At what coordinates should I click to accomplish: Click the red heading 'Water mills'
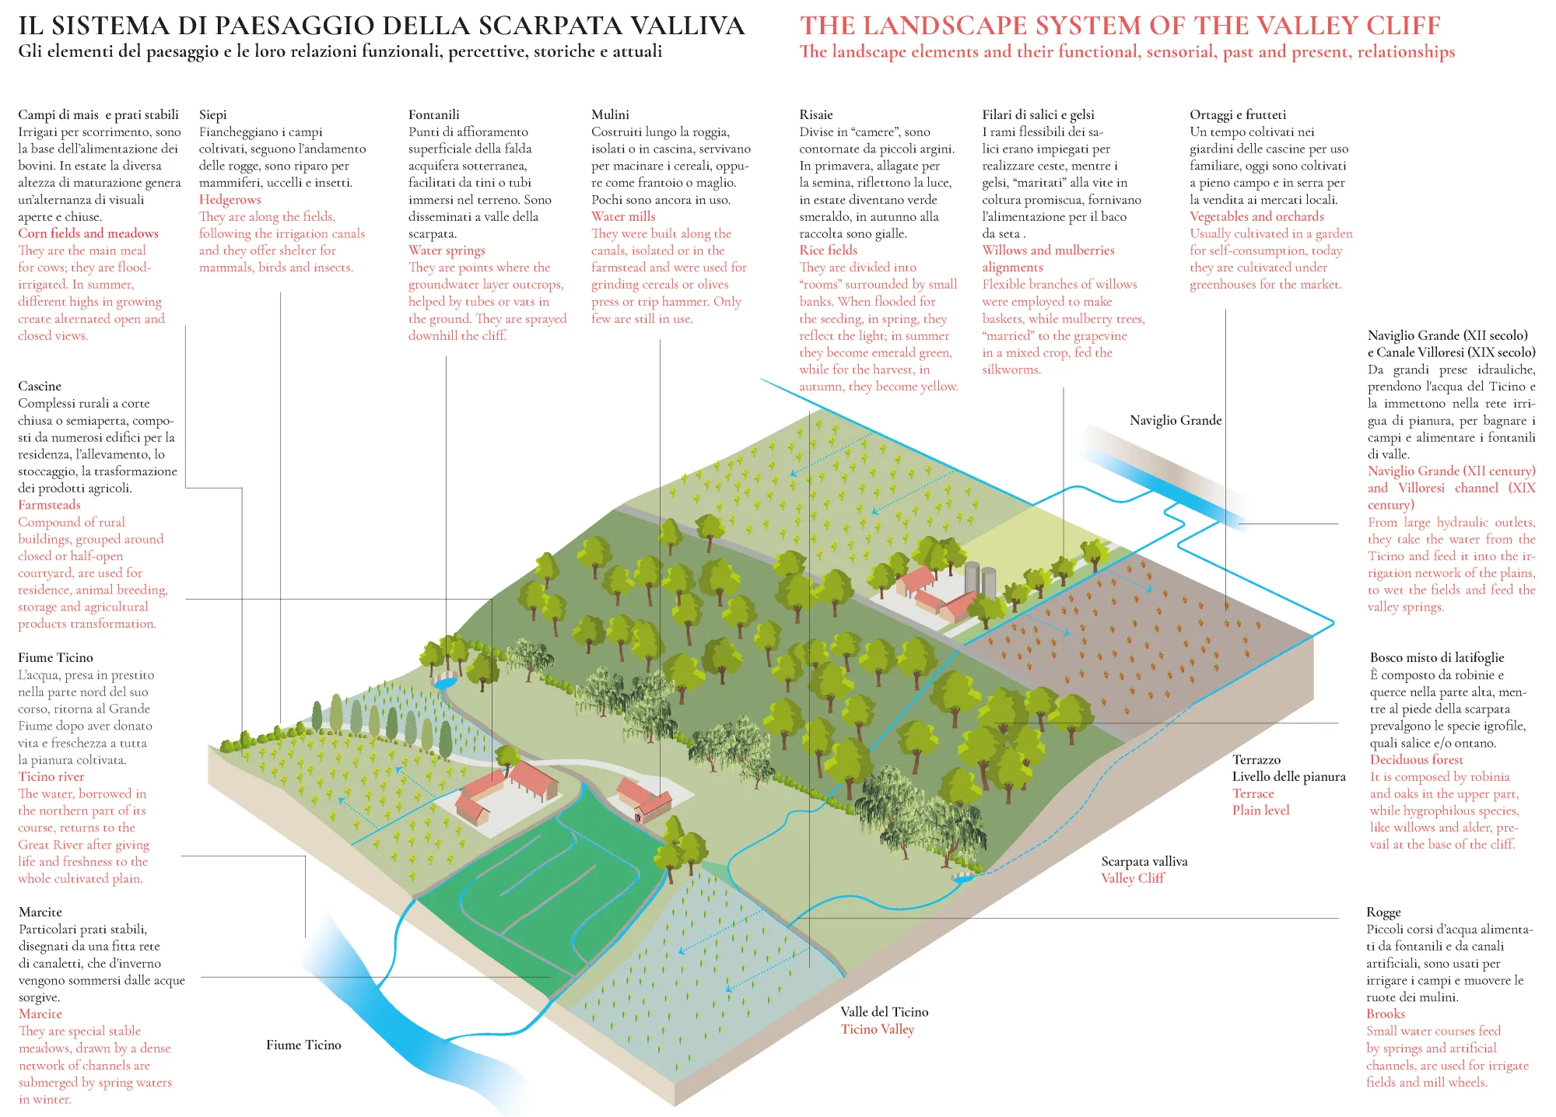[623, 216]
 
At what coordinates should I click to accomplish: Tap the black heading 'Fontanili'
[434, 114]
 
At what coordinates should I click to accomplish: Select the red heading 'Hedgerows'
[230, 199]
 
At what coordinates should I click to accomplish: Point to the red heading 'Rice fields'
[828, 250]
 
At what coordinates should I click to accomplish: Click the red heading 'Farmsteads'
[49, 505]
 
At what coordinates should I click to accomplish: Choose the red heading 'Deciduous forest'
[1416, 759]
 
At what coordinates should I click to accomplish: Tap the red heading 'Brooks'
[1385, 1014]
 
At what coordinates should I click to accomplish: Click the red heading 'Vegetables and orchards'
[1256, 216]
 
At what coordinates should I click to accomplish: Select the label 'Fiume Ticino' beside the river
[303, 1045]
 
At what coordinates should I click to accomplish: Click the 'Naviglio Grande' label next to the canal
[1176, 420]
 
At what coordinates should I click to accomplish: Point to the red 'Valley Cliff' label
[1133, 878]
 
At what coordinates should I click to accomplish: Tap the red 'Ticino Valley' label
[878, 1029]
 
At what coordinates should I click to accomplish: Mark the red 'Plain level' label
[1260, 810]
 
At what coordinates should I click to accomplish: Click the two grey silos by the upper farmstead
[980, 580]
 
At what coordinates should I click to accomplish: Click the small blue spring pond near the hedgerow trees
[446, 682]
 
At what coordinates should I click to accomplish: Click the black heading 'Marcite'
[40, 912]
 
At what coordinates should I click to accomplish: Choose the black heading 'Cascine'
[40, 386]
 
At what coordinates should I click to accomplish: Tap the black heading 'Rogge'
[1383, 912]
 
